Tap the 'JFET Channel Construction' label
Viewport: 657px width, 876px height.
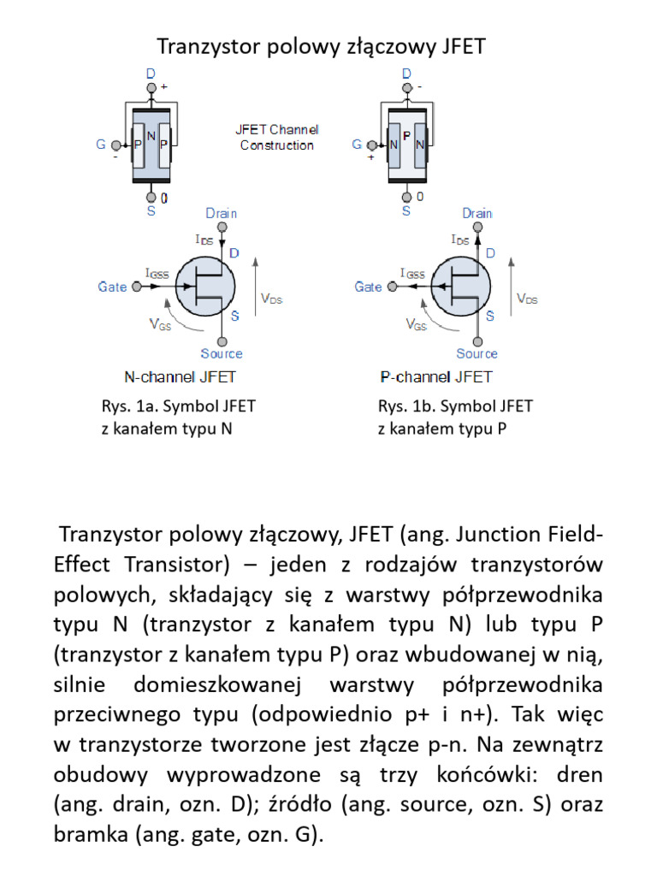[276, 138]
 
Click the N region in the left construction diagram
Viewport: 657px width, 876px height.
[151, 137]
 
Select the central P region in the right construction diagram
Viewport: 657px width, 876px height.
[407, 137]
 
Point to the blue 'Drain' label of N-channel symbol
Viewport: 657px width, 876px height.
[222, 213]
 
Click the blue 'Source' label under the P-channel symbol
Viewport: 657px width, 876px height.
[476, 353]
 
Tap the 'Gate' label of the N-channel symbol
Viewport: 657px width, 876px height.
[112, 287]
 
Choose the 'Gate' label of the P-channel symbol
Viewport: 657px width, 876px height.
[368, 287]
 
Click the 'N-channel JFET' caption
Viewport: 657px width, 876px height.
[181, 376]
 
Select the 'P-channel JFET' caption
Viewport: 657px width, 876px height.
[435, 376]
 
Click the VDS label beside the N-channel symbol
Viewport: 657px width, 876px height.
[271, 299]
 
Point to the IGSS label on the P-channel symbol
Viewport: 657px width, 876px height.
[412, 274]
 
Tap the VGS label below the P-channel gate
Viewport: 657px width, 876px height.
[417, 325]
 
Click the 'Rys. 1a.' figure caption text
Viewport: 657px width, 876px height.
[127, 406]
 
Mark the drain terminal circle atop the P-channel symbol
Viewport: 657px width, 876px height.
[477, 228]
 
